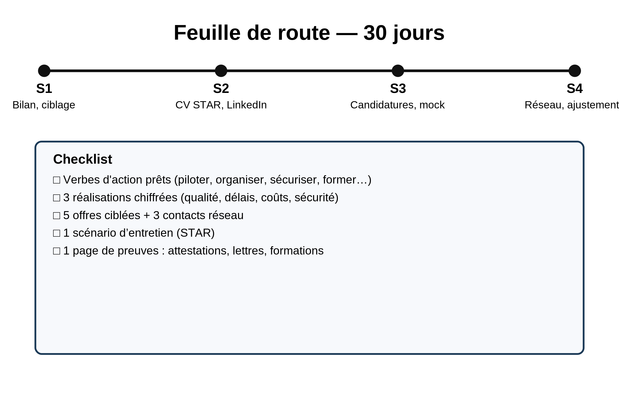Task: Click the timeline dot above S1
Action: coord(44,71)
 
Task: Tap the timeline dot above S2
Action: coord(221,71)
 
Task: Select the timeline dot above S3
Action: coord(398,71)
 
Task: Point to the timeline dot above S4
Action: coord(575,71)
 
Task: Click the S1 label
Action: coord(44,89)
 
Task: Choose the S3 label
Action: coord(398,89)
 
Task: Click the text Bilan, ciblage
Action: coord(44,105)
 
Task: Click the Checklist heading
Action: coord(83,159)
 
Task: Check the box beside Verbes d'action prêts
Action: coord(56,180)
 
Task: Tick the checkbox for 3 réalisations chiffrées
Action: coord(56,198)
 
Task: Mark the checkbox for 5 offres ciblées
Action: coord(56,216)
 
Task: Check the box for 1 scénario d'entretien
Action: coord(56,233)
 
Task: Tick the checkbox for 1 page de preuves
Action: coord(56,251)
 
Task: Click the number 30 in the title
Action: coord(375,33)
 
